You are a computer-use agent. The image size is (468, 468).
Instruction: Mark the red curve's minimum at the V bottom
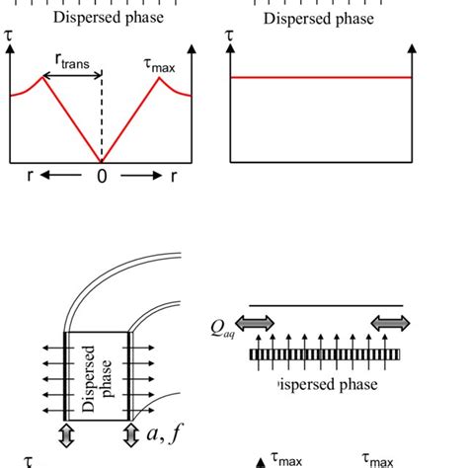click(100, 161)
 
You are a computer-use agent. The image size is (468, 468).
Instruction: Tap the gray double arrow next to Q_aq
click(260, 323)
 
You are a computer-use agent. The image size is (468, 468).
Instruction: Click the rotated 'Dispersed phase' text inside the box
click(95, 374)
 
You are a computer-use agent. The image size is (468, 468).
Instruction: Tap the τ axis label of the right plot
click(231, 37)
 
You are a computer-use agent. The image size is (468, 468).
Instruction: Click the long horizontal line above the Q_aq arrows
click(326, 305)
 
